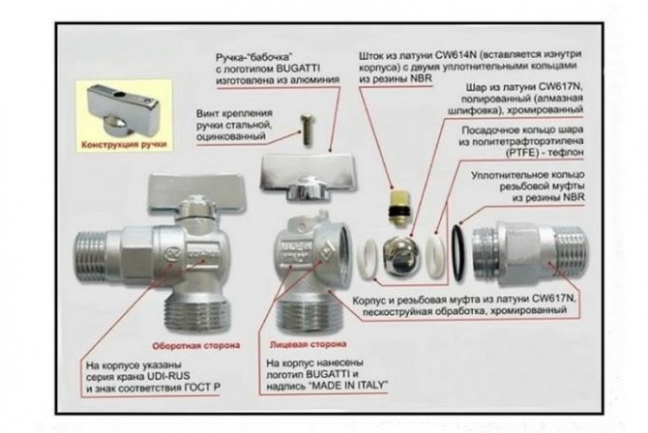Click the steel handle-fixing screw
308,130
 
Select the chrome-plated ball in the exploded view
399,256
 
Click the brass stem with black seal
397,208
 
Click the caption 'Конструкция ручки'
124,145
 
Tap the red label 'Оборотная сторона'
196,345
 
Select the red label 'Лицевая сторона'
308,344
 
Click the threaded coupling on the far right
530,253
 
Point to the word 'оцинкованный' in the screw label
231,136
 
